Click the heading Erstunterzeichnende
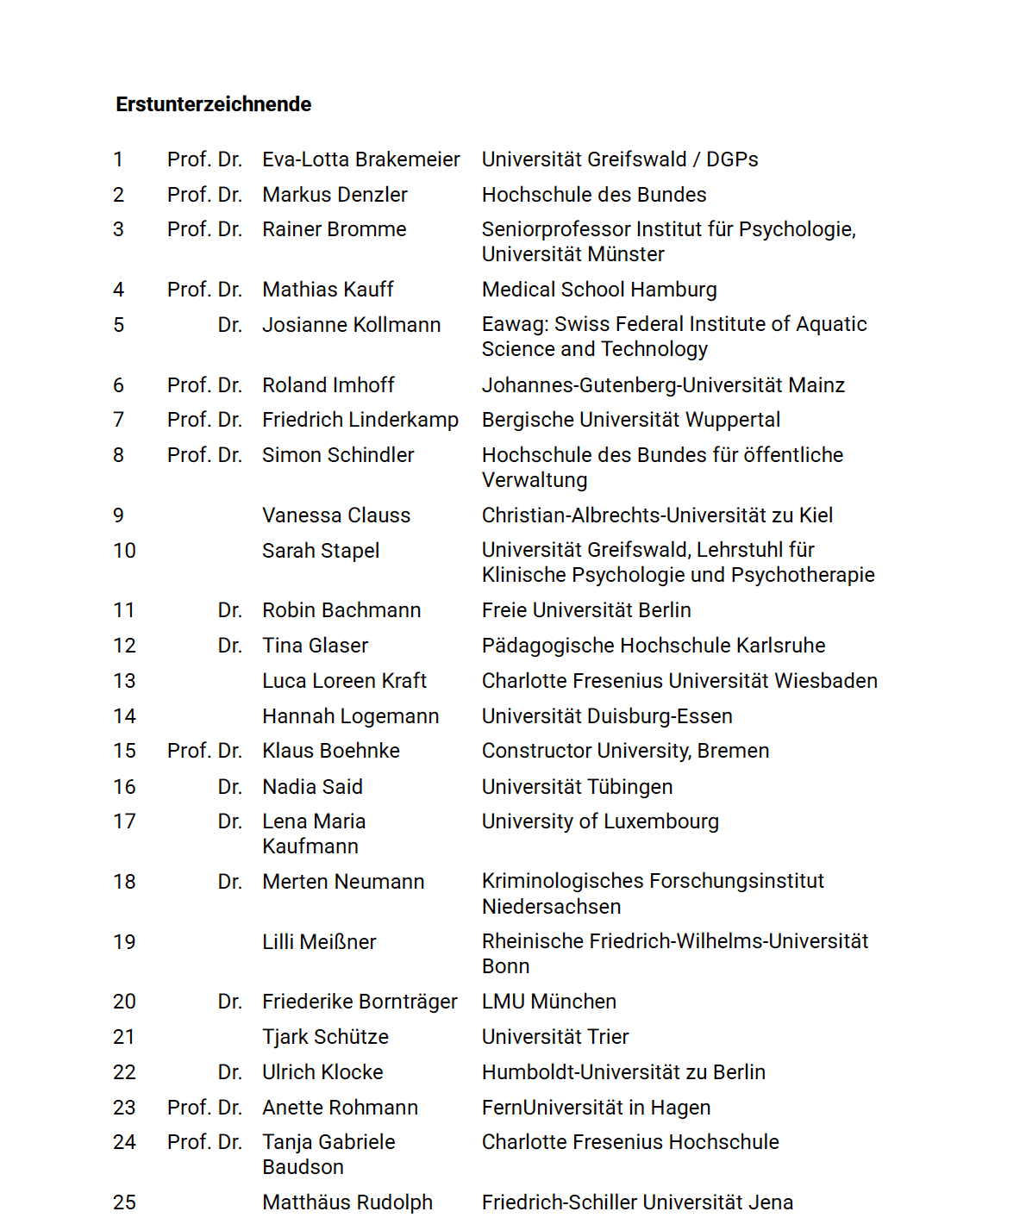214,104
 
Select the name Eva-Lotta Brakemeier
361,159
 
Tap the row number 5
119,325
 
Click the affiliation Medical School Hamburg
599,290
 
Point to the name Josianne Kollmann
351,325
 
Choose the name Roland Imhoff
328,385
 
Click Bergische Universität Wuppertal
631,420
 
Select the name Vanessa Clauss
336,515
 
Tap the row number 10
124,551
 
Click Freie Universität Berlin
586,610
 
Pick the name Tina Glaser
315,646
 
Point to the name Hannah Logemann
351,716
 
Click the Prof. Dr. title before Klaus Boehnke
204,751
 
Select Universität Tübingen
577,787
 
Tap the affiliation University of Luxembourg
600,821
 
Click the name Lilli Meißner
319,942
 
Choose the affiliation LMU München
549,1002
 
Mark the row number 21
124,1037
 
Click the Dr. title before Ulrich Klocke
229,1072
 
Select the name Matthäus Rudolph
347,1202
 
